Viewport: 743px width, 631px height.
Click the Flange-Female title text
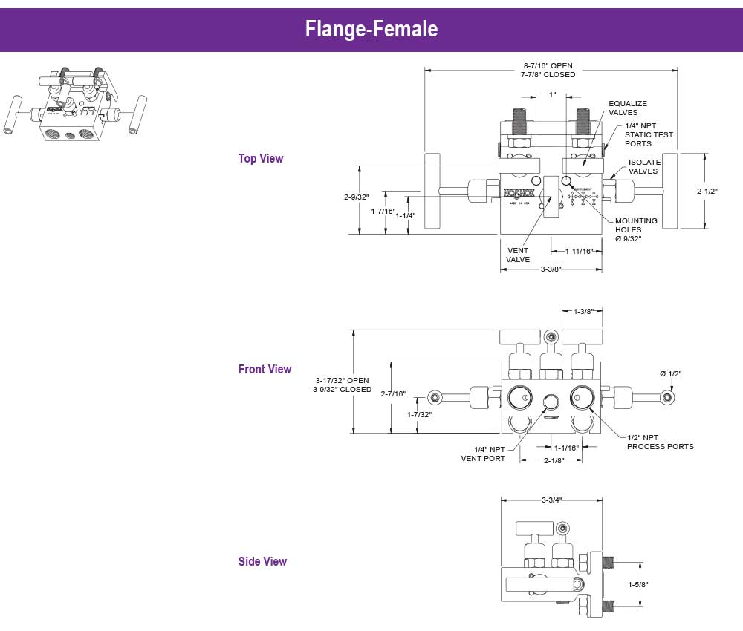point(371,29)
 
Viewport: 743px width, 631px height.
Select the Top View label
point(261,158)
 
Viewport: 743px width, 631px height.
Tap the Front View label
point(265,369)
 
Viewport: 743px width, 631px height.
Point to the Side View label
point(262,561)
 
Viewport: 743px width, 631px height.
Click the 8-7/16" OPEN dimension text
point(548,65)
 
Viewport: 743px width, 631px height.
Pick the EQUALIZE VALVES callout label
point(628,108)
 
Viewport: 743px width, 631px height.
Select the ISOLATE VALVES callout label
point(643,166)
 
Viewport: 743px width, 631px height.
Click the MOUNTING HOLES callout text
point(636,229)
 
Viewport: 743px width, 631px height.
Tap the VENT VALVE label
point(518,255)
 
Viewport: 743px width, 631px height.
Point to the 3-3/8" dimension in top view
point(551,269)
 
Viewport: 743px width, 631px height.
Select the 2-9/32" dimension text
point(357,197)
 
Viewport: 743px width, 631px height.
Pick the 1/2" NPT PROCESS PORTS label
point(661,442)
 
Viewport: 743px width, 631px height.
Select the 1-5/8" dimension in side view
point(638,584)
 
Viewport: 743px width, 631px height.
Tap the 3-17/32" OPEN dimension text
point(342,380)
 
